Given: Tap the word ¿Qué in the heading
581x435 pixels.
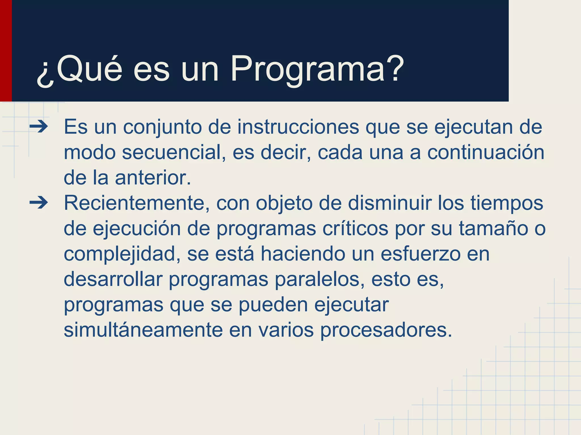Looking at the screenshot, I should click(79, 69).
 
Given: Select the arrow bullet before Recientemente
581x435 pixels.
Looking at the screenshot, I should click(39, 203).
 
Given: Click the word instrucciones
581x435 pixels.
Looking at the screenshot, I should click(298, 127).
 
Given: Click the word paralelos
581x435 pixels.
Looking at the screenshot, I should click(319, 279).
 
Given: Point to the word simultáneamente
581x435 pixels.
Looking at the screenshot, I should click(143, 330).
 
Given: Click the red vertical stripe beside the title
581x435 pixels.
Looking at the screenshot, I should click(6, 51).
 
